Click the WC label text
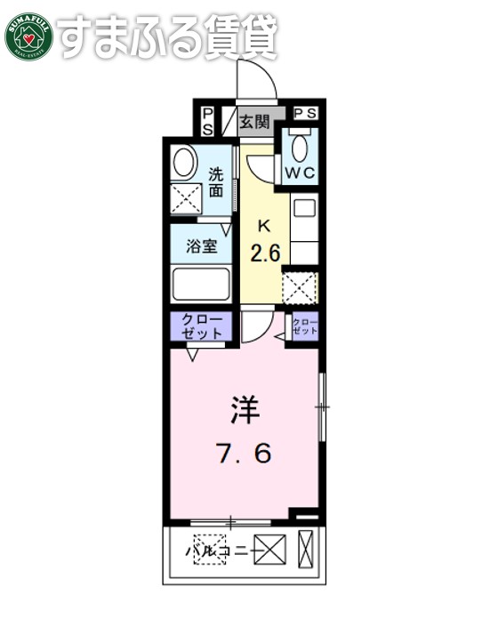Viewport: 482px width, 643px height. [300, 173]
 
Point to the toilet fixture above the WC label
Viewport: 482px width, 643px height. [300, 146]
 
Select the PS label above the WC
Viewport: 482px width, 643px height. [306, 114]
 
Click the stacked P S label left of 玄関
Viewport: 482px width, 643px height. [207, 121]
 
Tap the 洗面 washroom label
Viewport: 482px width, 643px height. [217, 181]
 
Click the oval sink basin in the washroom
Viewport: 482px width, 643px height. [185, 163]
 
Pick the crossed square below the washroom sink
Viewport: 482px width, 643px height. [185, 198]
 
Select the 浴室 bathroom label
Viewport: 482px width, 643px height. [202, 246]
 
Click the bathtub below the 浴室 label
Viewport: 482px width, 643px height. [202, 285]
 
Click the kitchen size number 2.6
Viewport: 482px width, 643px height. [265, 253]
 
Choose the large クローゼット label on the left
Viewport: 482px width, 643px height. [202, 326]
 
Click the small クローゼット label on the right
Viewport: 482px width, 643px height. [305, 326]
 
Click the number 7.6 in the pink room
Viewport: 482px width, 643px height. [242, 454]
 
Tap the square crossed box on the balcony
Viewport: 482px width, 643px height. [270, 551]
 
